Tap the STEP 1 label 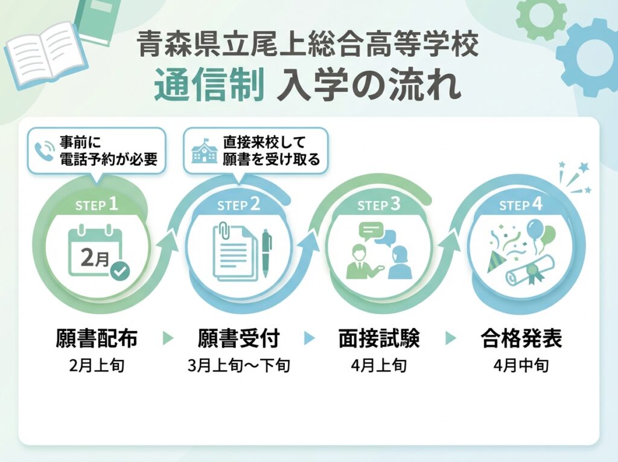[97, 205]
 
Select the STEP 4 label [520, 205]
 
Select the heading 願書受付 [238, 338]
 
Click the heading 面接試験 [379, 338]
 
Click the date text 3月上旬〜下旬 [238, 365]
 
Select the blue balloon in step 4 [535, 230]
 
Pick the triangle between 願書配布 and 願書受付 [168, 339]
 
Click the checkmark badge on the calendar [120, 271]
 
